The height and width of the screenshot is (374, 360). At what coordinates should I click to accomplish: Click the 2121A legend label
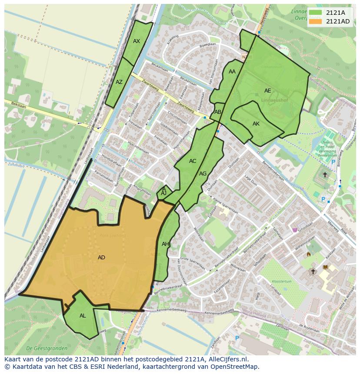(335, 13)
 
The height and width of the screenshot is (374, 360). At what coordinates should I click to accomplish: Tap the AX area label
(137, 41)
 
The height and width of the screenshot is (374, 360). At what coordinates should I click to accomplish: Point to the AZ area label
(119, 82)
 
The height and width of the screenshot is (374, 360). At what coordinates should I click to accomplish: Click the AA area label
(232, 72)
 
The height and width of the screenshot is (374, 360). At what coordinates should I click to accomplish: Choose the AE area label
(268, 91)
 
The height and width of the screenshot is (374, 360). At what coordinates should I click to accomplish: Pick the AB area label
(218, 112)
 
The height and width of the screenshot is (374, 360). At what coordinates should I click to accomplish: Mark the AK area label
(256, 124)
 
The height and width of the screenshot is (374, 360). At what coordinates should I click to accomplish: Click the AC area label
(193, 161)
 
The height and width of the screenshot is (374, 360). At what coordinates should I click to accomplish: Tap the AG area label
(203, 174)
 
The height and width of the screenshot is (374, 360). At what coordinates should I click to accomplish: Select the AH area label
(165, 244)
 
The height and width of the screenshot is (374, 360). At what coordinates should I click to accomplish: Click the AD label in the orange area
(101, 258)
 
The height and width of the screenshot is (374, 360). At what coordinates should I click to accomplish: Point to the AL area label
(83, 316)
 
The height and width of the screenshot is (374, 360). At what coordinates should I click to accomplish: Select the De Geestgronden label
(47, 348)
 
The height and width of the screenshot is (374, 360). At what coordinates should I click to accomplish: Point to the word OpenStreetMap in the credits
(235, 367)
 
